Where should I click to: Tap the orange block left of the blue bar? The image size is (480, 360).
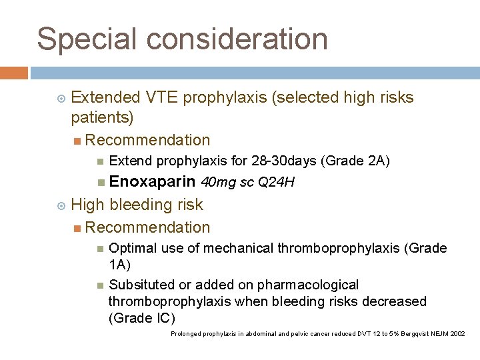point(14,73)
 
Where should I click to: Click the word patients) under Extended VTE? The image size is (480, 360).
point(102,119)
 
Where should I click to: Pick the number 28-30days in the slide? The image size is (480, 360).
point(286,161)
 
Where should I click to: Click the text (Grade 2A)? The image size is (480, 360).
point(355,161)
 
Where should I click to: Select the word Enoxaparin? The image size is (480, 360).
point(152,181)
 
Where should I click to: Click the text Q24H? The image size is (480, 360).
point(280,182)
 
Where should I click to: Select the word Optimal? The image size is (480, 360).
point(131,248)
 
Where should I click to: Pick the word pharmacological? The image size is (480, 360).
point(309,285)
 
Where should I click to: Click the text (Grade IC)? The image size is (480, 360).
point(142,318)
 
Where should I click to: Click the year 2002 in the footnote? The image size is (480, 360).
point(458,333)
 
